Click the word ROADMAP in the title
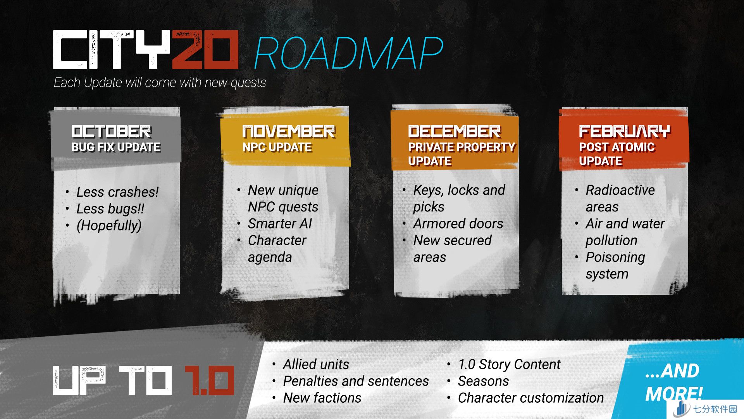coord(348,54)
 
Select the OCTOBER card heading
coord(112,132)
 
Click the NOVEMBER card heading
coord(289,132)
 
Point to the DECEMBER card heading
coord(454,132)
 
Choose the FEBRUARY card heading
coord(625,132)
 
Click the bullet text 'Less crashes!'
coord(117,192)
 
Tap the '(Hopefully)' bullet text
coord(109,225)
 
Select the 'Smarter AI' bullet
coord(280,223)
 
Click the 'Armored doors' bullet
coord(458,223)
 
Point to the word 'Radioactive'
coord(620,190)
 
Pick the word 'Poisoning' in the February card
coord(615,257)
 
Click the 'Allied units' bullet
coord(316,364)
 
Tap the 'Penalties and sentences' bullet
coord(356,381)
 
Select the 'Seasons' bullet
coord(483,381)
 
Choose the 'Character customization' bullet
coord(531,398)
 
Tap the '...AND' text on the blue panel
coord(672,371)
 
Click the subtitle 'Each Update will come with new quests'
coord(160,83)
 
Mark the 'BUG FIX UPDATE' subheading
coord(116,147)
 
